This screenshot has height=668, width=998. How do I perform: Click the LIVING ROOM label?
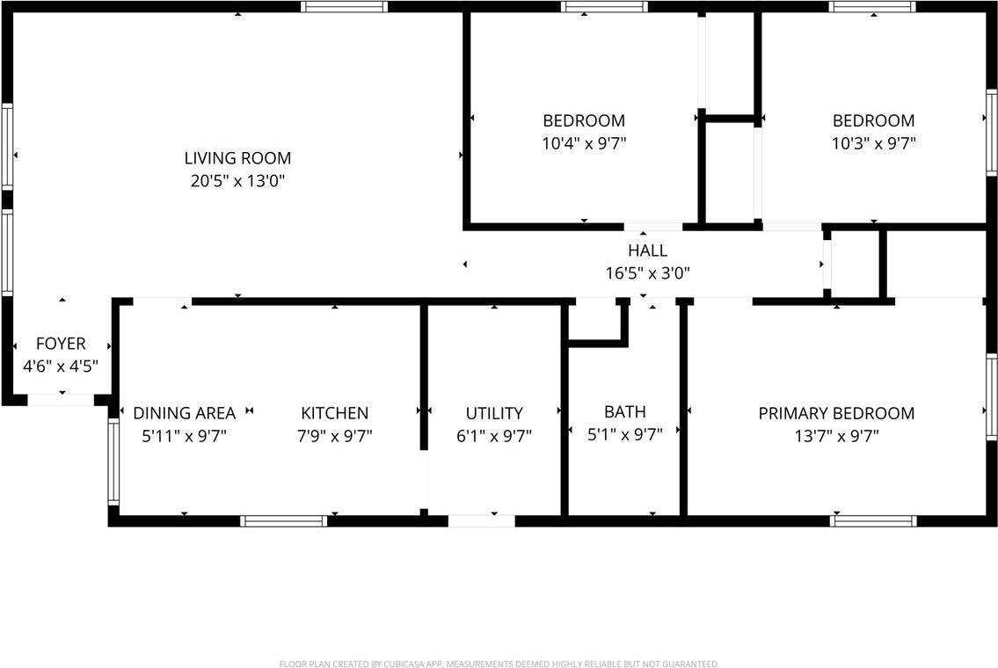coord(237,158)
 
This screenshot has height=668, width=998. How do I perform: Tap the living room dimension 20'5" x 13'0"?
coord(237,181)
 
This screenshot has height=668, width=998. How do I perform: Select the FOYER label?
coord(61,344)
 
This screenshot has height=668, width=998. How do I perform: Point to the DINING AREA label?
coord(185,413)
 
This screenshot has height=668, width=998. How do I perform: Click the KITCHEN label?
coord(335,413)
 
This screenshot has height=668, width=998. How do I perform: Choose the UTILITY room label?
coord(494,413)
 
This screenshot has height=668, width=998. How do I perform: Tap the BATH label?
coord(625,411)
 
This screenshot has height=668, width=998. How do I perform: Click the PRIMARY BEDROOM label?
coord(836,413)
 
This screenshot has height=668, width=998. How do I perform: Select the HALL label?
coord(648,250)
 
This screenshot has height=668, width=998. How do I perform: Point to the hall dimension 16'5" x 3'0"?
coord(648,273)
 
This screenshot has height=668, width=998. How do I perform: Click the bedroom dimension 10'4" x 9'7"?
coord(584,142)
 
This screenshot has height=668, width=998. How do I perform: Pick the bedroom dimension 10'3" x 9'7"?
coord(874,142)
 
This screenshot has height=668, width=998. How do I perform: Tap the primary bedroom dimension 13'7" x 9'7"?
coord(836,435)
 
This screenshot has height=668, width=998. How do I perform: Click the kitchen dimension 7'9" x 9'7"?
coord(335,435)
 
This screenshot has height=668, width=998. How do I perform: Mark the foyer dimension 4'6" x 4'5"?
coord(61,366)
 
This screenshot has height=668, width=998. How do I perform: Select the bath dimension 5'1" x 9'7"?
coord(625,432)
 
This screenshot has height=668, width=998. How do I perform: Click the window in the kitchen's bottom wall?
coord(284,521)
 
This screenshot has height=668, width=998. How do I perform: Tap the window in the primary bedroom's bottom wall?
coord(873,521)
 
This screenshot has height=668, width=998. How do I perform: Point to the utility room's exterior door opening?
coord(481,521)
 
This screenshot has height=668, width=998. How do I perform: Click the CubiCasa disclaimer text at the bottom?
coord(499,664)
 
